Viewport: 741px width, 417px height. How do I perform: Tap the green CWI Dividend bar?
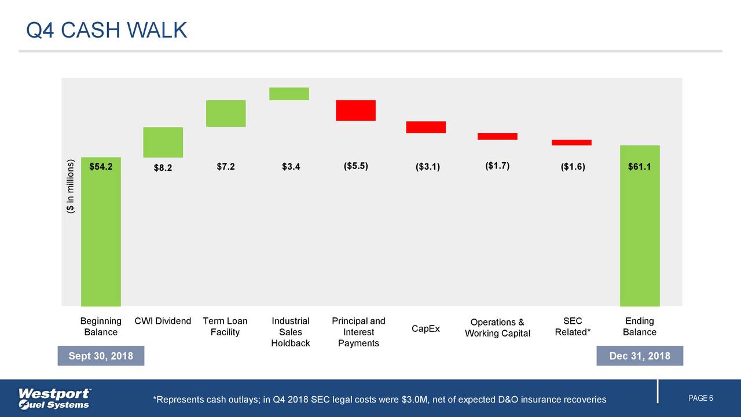(x=163, y=142)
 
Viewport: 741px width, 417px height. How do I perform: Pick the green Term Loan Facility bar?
(x=226, y=113)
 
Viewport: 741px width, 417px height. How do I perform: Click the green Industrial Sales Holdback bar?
(x=289, y=94)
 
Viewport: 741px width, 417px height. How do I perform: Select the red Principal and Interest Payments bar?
(x=355, y=110)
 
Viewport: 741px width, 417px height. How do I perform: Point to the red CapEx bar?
(x=425, y=127)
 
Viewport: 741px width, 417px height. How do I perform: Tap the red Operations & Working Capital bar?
(x=497, y=136)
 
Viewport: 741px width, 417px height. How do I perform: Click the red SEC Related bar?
(x=571, y=142)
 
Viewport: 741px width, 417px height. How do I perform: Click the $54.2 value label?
(x=101, y=167)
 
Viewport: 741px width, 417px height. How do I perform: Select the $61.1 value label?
(x=639, y=167)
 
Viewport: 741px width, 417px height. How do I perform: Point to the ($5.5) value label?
(x=355, y=166)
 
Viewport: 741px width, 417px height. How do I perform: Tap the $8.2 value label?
(x=163, y=168)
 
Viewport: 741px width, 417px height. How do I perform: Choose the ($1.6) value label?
(x=573, y=167)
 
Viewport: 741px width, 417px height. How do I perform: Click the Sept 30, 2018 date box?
(x=101, y=356)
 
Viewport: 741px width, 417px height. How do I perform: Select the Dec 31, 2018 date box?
(x=640, y=356)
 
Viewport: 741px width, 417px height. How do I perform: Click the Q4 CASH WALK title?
(x=107, y=30)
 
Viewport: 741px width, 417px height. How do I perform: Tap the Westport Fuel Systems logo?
(x=55, y=398)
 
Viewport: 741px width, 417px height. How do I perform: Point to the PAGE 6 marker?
(x=700, y=398)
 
